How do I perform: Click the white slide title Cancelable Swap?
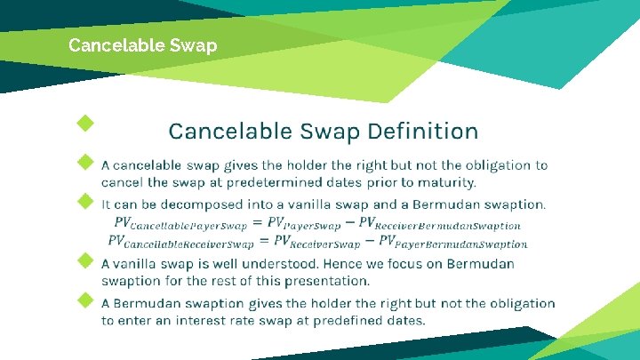[x=142, y=44]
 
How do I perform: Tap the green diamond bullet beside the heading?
[x=85, y=122]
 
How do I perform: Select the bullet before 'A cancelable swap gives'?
[x=85, y=163]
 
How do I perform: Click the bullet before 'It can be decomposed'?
[x=85, y=201]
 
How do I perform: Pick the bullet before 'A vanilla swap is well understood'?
[x=85, y=260]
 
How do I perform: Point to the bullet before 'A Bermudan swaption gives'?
[x=85, y=300]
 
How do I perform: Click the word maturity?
[x=444, y=183]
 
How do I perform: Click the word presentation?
[x=324, y=281]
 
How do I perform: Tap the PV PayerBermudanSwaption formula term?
[x=452, y=241]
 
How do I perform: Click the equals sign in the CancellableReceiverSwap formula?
[x=264, y=241]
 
